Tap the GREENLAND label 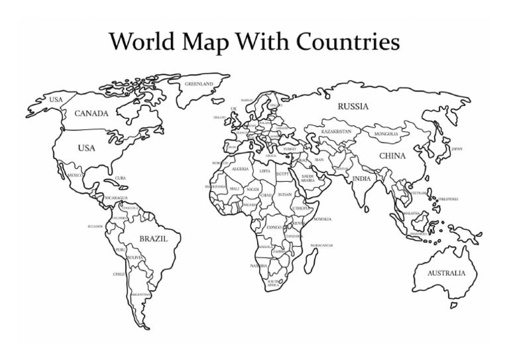click(x=199, y=84)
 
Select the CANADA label click(x=91, y=113)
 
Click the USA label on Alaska click(x=56, y=99)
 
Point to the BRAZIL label click(x=153, y=238)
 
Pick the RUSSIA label click(x=353, y=106)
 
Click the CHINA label click(x=392, y=156)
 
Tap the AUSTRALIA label click(x=446, y=273)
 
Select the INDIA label click(x=361, y=178)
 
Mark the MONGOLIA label click(x=386, y=134)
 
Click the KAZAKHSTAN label click(x=336, y=131)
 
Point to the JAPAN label click(x=457, y=149)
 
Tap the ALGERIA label click(x=240, y=169)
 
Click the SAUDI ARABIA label click(x=308, y=178)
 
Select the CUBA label click(x=121, y=178)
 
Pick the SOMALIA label click(x=323, y=219)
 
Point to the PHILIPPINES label click(x=448, y=199)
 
